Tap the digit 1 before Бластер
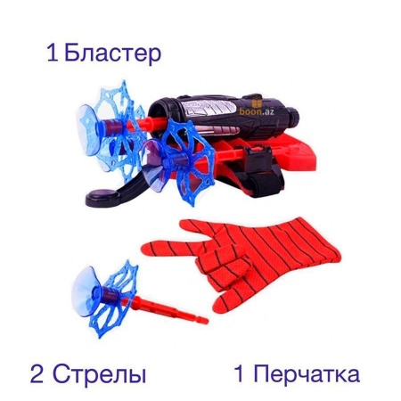(53, 53)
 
